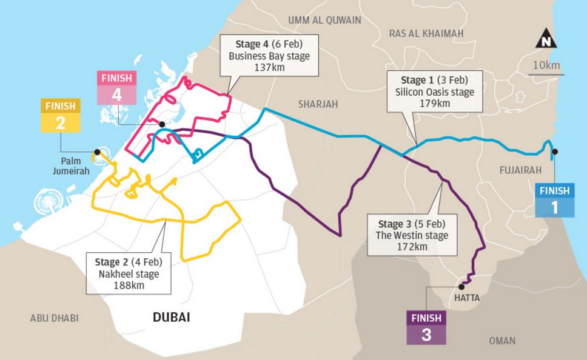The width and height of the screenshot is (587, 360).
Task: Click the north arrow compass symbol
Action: tap(548, 41)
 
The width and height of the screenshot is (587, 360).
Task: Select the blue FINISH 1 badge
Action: tap(555, 200)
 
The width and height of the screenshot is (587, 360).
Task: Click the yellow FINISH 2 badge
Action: tap(60, 115)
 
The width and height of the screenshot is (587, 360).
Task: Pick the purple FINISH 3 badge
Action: tap(426, 327)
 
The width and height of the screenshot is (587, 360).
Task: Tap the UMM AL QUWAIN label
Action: tap(324, 20)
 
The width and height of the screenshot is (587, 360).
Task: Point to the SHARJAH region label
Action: tap(317, 104)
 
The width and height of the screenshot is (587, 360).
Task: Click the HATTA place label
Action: tap(466, 298)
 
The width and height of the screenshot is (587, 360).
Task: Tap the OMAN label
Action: tap(502, 341)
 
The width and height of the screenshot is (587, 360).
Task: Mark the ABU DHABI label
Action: tap(54, 318)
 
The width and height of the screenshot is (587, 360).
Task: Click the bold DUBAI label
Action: tap(172, 317)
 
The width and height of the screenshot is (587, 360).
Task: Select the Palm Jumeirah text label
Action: tap(75, 167)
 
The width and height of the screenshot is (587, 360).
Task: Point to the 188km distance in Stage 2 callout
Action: tap(127, 285)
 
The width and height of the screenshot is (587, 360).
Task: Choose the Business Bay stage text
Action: tap(269, 56)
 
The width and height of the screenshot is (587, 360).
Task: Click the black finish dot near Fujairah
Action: tap(555, 152)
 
